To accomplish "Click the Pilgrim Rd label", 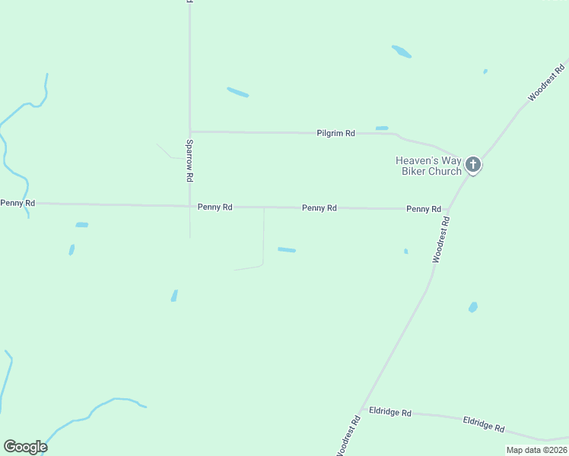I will pyautogui.click(x=335, y=133).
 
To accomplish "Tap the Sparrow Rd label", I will pyautogui.click(x=189, y=160).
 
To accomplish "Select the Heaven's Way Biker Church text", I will pyautogui.click(x=428, y=166).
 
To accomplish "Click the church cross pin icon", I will pyautogui.click(x=472, y=164).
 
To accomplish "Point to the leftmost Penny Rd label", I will pyautogui.click(x=17, y=203).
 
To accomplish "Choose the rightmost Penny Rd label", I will pyautogui.click(x=424, y=208).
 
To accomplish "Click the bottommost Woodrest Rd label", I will pyautogui.click(x=346, y=435).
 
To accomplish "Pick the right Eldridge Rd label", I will pyautogui.click(x=484, y=425).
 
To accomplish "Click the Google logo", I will pyautogui.click(x=25, y=447).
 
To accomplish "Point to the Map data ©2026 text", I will pyautogui.click(x=536, y=450).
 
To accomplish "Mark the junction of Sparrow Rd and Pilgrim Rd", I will pyautogui.click(x=189, y=131).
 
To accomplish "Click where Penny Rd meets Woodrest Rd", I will pyautogui.click(x=447, y=210).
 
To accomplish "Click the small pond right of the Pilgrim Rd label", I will pyautogui.click(x=382, y=128).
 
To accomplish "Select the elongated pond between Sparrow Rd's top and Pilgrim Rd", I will pyautogui.click(x=237, y=92).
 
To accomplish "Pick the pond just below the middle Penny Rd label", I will pyautogui.click(x=287, y=249).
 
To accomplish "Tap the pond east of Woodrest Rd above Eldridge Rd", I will pyautogui.click(x=472, y=307).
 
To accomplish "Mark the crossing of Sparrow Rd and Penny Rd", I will pyautogui.click(x=189, y=206).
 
